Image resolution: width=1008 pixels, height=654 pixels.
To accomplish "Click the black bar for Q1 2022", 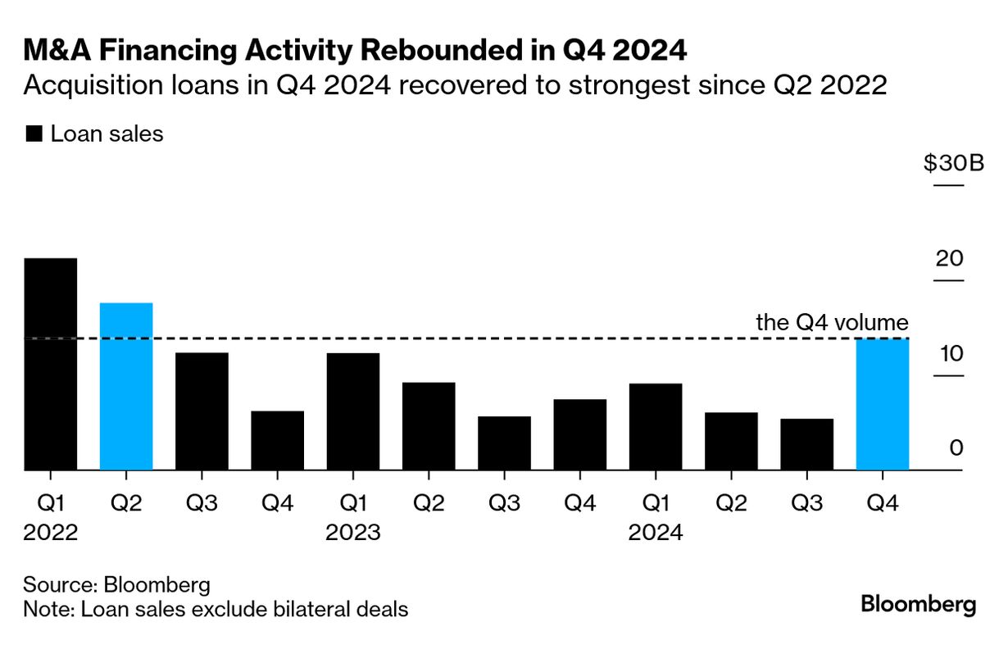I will [x=51, y=365].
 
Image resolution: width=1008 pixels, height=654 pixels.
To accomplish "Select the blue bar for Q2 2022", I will [x=126, y=387].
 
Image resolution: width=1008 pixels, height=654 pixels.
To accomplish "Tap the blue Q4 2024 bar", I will [x=882, y=405].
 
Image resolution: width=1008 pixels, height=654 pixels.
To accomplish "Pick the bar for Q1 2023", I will [x=352, y=411].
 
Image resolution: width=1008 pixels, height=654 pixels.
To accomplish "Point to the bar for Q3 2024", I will [x=806, y=444].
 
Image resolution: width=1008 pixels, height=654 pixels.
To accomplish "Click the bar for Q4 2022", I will [x=277, y=441].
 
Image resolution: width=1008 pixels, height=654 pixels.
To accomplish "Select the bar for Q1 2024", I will [x=656, y=427].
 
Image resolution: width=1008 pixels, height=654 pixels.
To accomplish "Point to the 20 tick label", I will [x=949, y=259].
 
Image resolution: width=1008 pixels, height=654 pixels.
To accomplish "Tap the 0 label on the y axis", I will [x=956, y=448].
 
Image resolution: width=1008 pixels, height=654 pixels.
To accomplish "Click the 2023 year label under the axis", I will [x=352, y=533].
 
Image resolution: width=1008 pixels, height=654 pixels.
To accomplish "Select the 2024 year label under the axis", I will [x=656, y=533].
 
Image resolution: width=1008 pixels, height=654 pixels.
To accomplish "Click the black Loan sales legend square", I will [x=34, y=134].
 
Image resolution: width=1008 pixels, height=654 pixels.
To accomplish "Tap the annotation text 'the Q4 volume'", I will [x=831, y=322].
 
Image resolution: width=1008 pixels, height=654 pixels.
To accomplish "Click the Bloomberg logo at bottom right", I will [x=918, y=606].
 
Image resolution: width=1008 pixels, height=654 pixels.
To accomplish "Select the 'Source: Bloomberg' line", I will [x=117, y=585].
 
